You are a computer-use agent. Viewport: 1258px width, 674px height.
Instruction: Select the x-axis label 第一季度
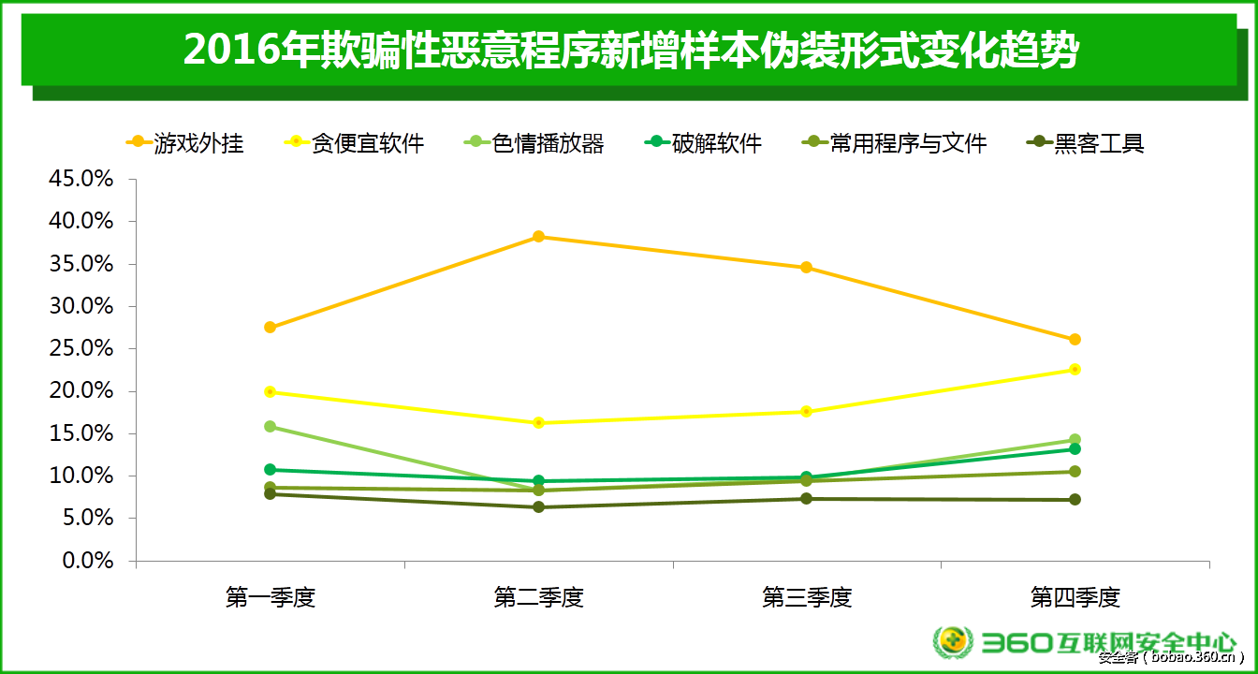pyautogui.click(x=271, y=597)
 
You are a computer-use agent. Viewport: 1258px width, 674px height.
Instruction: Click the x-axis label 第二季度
pyautogui.click(x=539, y=597)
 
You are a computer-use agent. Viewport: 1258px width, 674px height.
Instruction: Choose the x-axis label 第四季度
pyautogui.click(x=1075, y=597)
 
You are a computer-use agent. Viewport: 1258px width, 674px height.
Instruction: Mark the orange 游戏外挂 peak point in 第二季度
pyautogui.click(x=539, y=237)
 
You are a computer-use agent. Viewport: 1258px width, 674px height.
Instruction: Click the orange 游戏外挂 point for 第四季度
pyautogui.click(x=1075, y=339)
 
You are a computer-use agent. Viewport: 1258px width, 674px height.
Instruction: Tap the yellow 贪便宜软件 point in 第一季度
pyautogui.click(x=271, y=391)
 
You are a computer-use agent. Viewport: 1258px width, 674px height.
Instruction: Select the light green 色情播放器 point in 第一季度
pyautogui.click(x=271, y=426)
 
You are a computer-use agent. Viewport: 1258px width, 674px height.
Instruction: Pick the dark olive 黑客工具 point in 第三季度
pyautogui.click(x=807, y=498)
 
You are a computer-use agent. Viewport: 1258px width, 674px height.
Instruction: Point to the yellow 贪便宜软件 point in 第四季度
pyautogui.click(x=1075, y=369)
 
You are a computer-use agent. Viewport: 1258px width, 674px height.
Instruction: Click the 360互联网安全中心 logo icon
pyautogui.click(x=952, y=641)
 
